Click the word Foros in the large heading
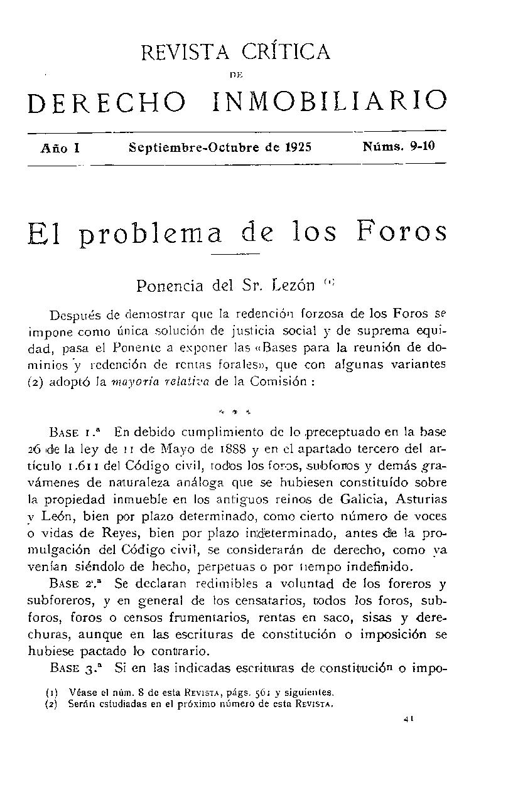click(402, 233)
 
